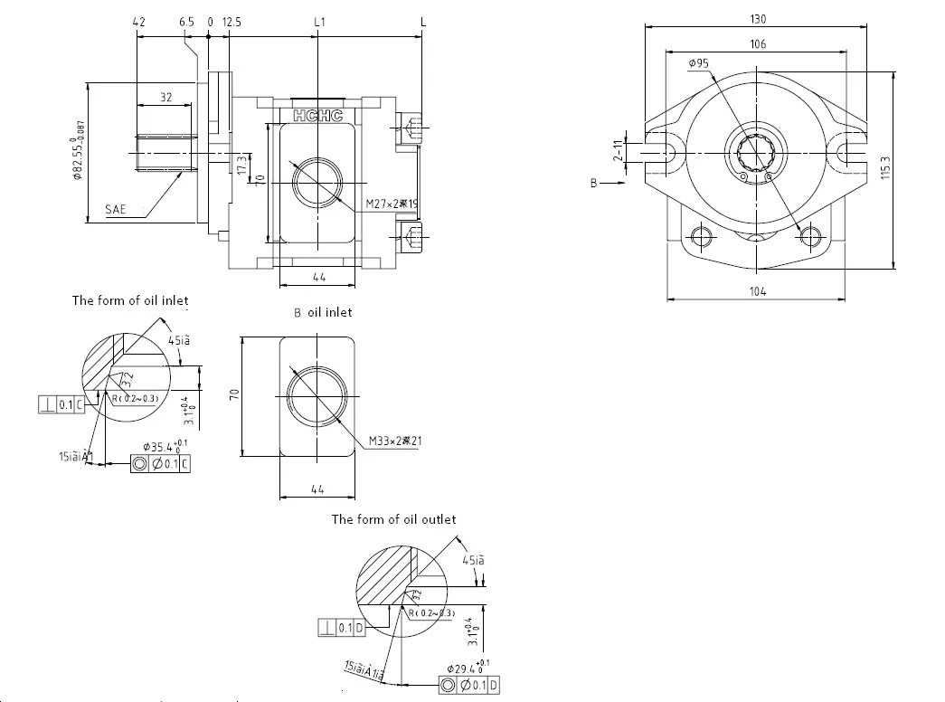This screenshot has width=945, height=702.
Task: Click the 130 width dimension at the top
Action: tap(758, 19)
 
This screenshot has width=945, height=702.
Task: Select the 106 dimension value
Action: tap(758, 44)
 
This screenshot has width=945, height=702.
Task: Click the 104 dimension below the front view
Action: tap(757, 290)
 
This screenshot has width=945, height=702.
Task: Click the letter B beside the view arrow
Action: tap(594, 183)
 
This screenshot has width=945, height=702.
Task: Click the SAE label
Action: tap(116, 209)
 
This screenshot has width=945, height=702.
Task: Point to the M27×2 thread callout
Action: tap(392, 204)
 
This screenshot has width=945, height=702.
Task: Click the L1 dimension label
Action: tap(319, 20)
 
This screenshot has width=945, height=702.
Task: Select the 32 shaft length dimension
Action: tap(165, 97)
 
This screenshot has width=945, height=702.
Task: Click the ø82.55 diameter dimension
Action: tap(79, 150)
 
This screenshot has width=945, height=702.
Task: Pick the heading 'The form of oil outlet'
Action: tap(393, 519)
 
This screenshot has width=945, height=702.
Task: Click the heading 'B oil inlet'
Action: tap(323, 312)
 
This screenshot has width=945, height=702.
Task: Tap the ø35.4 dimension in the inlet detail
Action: tap(167, 447)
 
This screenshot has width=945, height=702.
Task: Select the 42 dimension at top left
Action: tap(138, 20)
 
